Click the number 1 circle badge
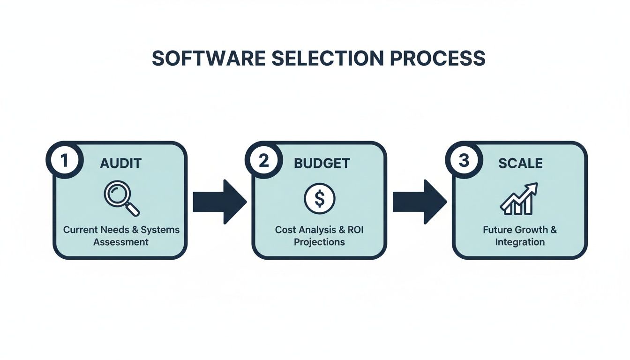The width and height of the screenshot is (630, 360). click(65, 160)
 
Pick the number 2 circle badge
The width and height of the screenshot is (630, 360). click(264, 160)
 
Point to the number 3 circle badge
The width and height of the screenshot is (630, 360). click(464, 160)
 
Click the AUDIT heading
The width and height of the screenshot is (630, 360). click(121, 163)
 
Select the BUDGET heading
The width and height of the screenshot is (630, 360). click(322, 163)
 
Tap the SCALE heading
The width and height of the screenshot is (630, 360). click(520, 163)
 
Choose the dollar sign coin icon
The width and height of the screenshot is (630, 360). click(320, 198)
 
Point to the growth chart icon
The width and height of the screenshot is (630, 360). click(519, 199)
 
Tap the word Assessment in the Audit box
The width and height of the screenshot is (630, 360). click(121, 242)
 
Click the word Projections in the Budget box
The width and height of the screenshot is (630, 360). click(319, 242)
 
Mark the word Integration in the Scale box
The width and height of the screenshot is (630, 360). click(520, 242)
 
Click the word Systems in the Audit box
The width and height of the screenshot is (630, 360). click(160, 230)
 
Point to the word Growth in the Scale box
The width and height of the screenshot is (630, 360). click(532, 230)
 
